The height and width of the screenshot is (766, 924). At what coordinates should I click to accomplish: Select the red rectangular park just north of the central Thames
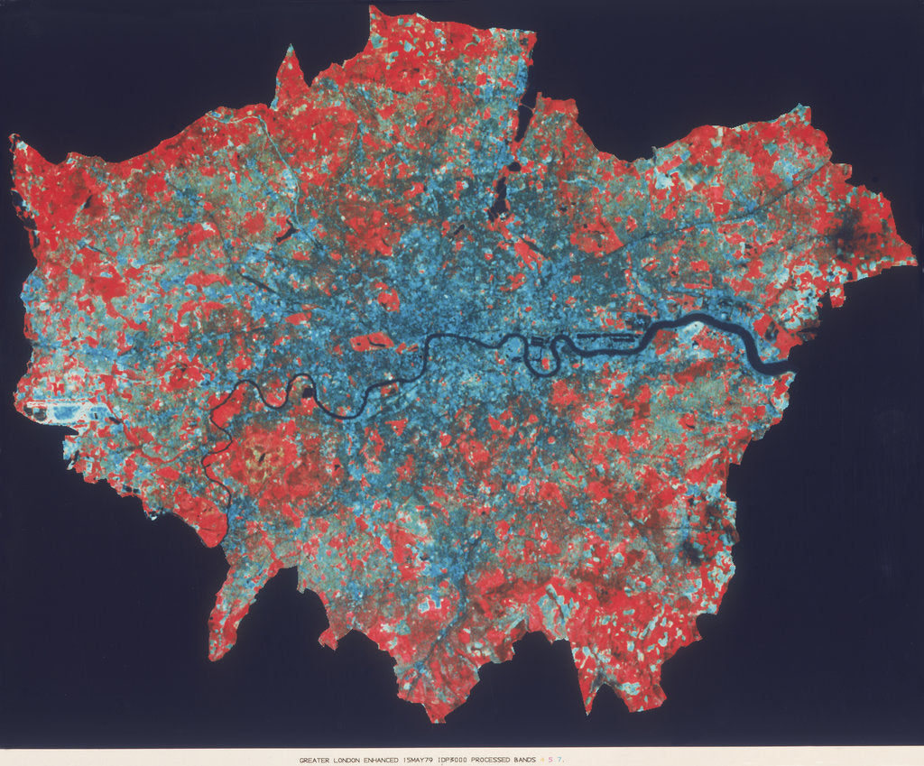click(372, 342)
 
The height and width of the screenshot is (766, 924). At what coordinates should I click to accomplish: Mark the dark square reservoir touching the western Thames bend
click(309, 392)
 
